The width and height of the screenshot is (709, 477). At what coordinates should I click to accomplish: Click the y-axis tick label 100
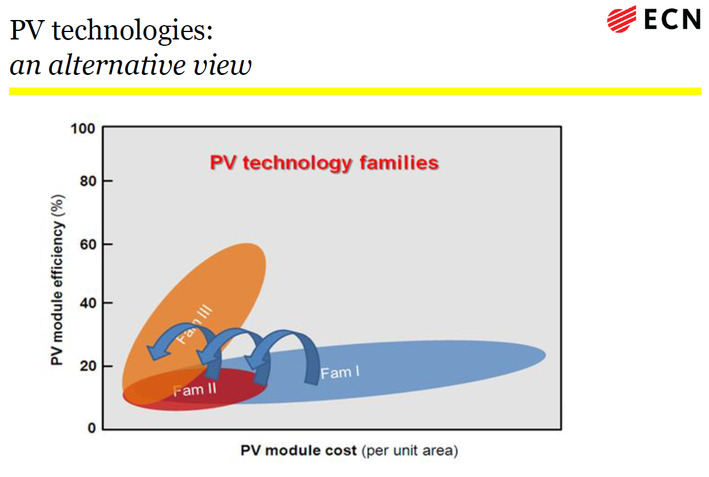click(x=82, y=129)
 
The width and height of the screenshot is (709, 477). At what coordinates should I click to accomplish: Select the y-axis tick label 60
click(x=88, y=244)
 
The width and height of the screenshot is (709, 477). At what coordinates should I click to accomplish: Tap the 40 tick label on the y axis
click(x=88, y=303)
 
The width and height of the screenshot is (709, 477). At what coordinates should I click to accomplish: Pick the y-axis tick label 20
click(x=88, y=366)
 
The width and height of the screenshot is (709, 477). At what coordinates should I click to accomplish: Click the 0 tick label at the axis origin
click(x=92, y=428)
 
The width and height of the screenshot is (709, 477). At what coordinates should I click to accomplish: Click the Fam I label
click(x=340, y=372)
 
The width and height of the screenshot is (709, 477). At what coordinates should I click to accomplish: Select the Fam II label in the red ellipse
click(x=194, y=390)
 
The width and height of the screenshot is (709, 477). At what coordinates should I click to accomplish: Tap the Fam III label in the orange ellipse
click(x=194, y=324)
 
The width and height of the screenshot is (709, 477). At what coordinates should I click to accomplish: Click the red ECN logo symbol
click(x=622, y=19)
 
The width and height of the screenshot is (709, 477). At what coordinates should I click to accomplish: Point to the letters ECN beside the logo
click(x=672, y=19)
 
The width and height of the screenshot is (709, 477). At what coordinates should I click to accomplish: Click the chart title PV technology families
click(x=324, y=163)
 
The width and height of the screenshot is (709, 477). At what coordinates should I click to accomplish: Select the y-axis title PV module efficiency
click(x=58, y=280)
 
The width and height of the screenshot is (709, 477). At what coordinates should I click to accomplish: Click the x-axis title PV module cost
click(x=298, y=451)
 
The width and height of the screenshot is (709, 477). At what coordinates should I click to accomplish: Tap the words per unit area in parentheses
click(x=410, y=451)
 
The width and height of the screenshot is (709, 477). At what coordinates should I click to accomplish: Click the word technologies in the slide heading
click(x=132, y=31)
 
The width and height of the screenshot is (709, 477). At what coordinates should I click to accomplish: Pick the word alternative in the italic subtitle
click(x=117, y=65)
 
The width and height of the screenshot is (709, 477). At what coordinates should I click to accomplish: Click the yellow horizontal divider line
click(x=355, y=91)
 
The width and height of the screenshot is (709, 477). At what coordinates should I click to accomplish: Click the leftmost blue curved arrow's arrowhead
click(x=156, y=352)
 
